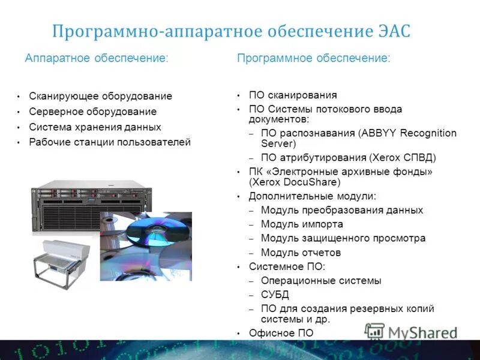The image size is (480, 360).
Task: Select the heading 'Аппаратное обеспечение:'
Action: coord(97,58)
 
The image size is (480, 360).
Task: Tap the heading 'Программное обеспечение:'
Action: coord(314,58)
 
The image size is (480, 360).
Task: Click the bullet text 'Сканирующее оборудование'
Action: coord(100,96)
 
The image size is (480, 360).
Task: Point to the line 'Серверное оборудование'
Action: coord(92,112)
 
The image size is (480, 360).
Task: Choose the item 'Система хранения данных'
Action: coord(95,127)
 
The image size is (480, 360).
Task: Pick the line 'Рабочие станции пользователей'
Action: coord(110,142)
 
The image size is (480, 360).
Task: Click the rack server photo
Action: coord(90,207)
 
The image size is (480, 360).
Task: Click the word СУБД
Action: coord(275,295)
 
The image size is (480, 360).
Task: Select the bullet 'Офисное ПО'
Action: coord(281,333)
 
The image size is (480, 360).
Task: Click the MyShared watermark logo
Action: coord(412,332)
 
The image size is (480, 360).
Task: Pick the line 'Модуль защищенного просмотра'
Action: coord(343,238)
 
